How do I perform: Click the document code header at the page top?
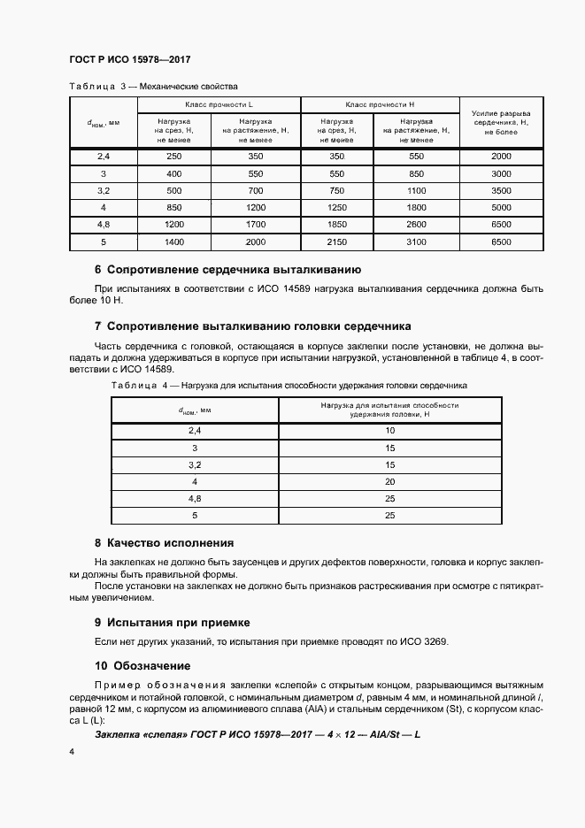click(130, 60)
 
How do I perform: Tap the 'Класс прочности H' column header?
click(381, 105)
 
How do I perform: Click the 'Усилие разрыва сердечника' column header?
click(501, 121)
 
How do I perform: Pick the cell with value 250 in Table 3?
click(173, 157)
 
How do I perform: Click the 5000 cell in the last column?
click(501, 207)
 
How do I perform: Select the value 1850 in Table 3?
click(337, 225)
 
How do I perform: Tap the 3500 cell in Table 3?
click(501, 190)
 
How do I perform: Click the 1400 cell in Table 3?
click(173, 241)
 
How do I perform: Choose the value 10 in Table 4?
click(389, 431)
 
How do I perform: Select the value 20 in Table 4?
click(389, 481)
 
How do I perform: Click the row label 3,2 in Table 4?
click(196, 464)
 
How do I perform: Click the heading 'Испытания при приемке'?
click(172, 622)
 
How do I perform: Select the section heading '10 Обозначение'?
click(142, 665)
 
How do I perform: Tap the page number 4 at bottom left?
click(72, 751)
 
